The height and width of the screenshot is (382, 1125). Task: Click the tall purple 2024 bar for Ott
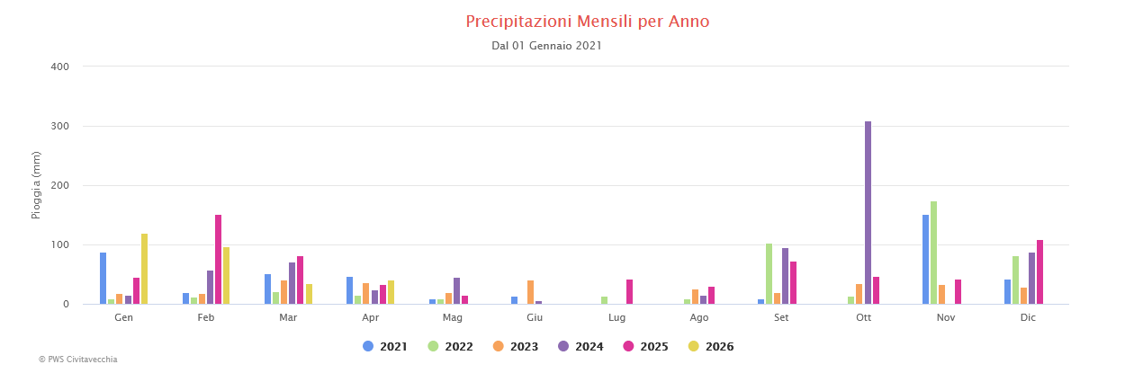(x=868, y=213)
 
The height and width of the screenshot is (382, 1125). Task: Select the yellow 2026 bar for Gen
(x=144, y=269)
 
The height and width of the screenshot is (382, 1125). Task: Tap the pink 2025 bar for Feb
(x=218, y=259)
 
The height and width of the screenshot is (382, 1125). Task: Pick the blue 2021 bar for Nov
(x=925, y=259)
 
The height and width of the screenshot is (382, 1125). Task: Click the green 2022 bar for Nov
(x=933, y=253)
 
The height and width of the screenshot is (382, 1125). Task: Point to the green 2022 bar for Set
(x=769, y=274)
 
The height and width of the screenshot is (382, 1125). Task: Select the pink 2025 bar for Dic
(x=1039, y=272)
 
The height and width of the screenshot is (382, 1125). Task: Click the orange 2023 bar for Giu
(x=530, y=292)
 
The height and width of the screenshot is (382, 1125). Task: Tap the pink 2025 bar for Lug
(x=629, y=292)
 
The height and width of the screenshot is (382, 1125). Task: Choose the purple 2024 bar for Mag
(x=456, y=291)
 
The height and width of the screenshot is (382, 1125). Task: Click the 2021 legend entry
(x=384, y=347)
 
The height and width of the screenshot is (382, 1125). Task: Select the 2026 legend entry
(x=710, y=347)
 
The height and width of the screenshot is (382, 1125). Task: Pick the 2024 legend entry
(x=580, y=347)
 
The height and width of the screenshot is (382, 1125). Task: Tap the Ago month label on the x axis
(x=699, y=318)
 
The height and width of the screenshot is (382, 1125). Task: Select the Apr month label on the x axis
(x=370, y=318)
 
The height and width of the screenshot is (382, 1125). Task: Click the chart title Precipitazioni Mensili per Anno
(x=587, y=22)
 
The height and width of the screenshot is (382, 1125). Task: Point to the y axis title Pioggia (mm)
(x=37, y=185)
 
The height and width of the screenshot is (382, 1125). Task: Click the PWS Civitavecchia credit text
(x=77, y=360)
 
